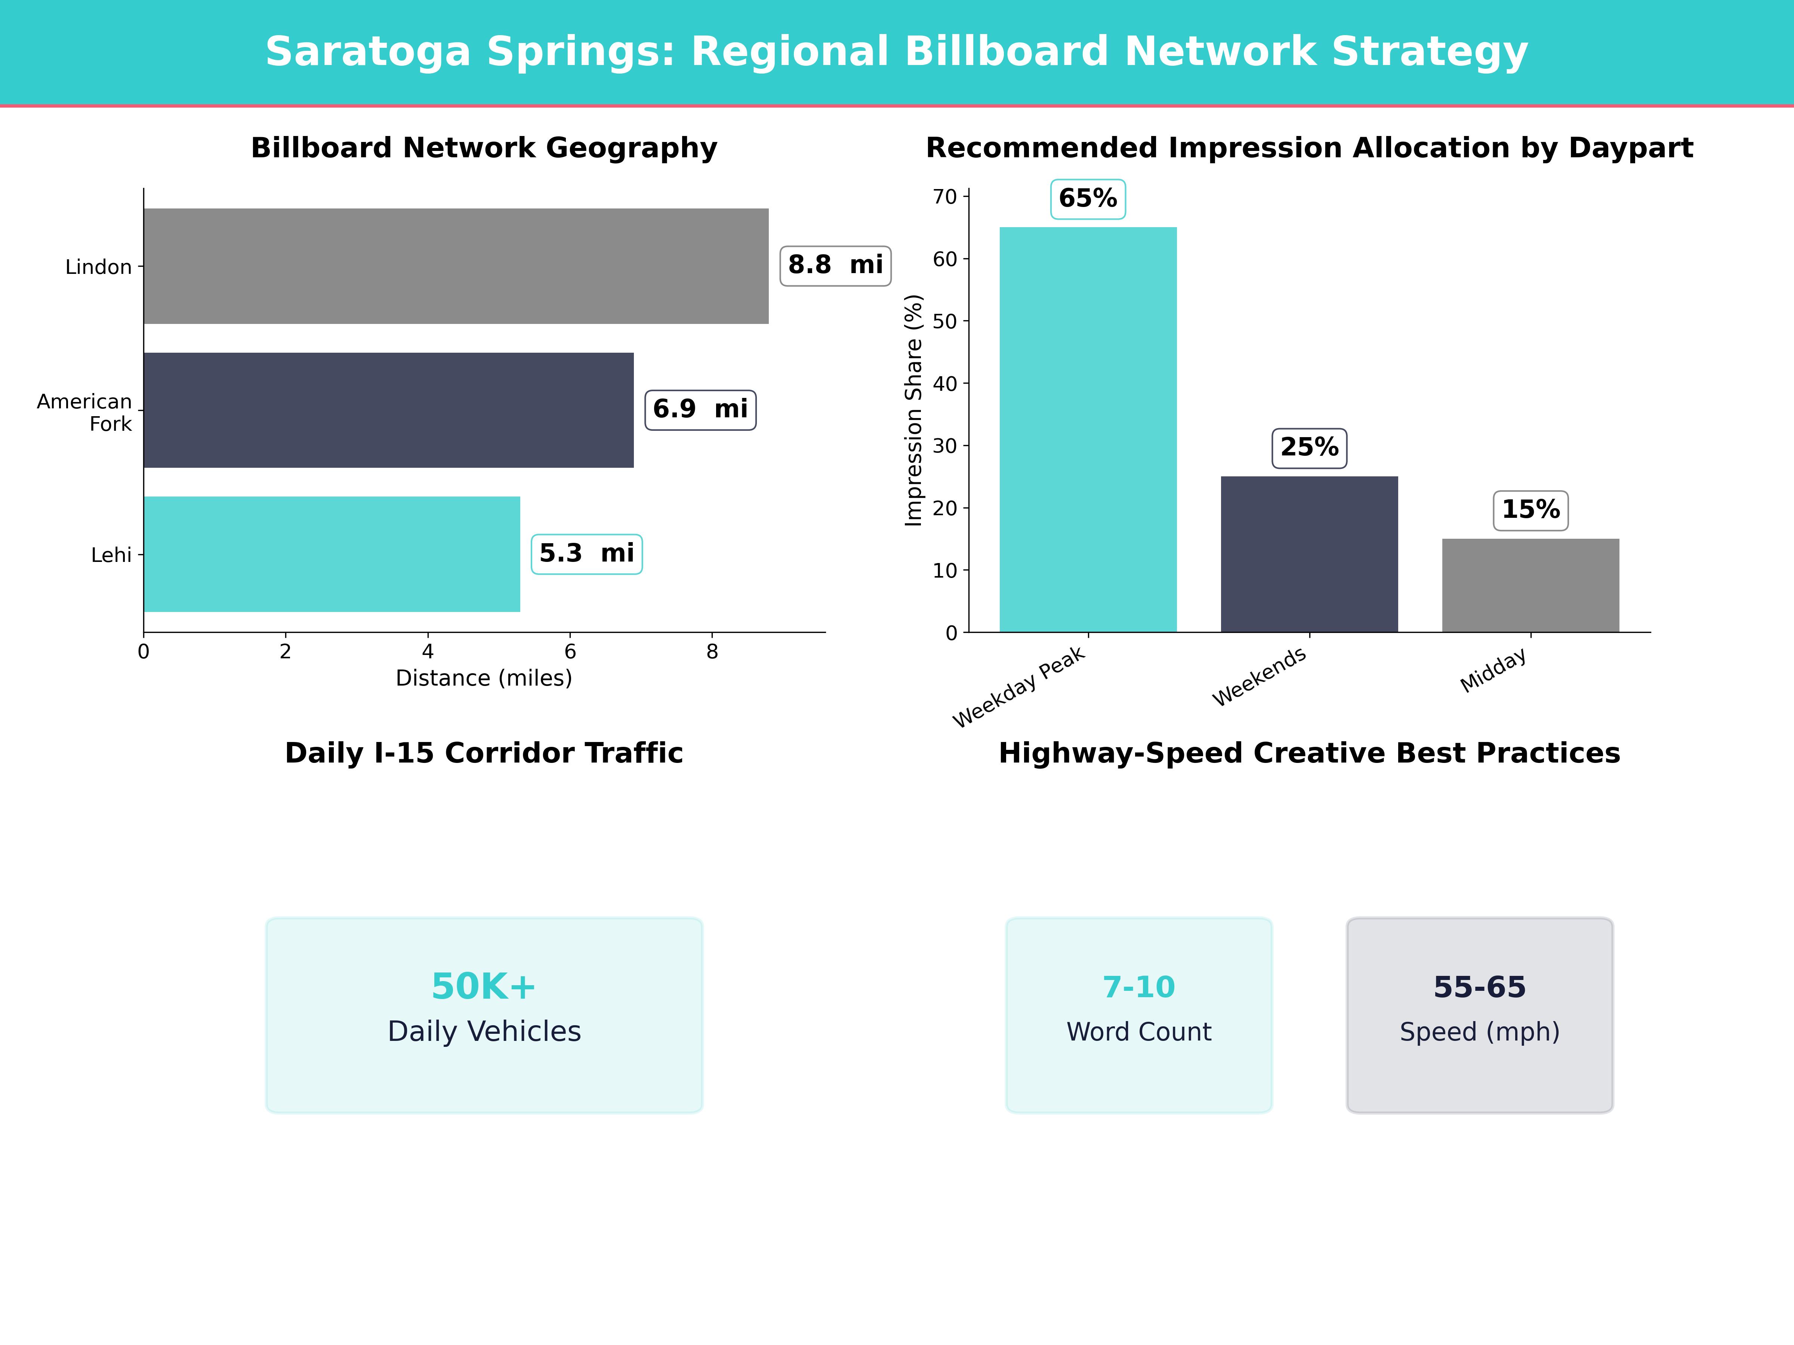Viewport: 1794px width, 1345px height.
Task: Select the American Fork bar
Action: click(x=388, y=410)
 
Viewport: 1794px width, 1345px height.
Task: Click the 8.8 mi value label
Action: click(x=835, y=265)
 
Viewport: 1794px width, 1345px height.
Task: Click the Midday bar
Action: click(x=1531, y=585)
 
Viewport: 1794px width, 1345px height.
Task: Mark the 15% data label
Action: click(x=1531, y=510)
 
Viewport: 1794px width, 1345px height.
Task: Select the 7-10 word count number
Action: click(x=1139, y=987)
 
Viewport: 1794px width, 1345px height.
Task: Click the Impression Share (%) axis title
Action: click(x=914, y=410)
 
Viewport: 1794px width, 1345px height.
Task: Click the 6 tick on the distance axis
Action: click(x=570, y=652)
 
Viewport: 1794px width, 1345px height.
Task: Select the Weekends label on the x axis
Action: click(x=1260, y=677)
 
